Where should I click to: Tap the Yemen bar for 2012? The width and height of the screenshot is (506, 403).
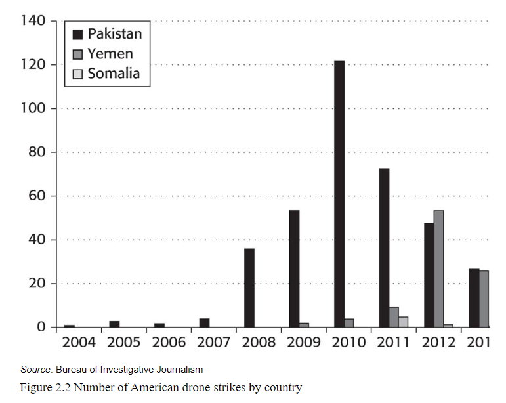[x=439, y=268]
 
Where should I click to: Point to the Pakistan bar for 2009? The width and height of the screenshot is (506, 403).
[x=294, y=268]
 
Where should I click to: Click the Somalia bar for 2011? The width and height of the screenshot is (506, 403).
[x=403, y=322]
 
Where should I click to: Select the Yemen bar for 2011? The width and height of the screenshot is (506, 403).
[x=394, y=317]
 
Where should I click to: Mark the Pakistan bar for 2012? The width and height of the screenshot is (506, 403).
[x=429, y=275]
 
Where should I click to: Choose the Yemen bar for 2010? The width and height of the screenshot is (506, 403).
[x=349, y=323]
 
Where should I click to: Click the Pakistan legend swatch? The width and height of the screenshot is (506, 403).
[x=77, y=33]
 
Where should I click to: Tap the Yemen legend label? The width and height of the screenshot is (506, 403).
[x=110, y=53]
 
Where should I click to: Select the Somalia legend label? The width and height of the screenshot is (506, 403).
[x=114, y=73]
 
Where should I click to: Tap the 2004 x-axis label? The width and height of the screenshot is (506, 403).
[x=78, y=343]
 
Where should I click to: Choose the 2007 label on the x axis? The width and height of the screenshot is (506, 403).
[x=213, y=343]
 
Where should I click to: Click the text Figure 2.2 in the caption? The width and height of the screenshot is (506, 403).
[x=46, y=387]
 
